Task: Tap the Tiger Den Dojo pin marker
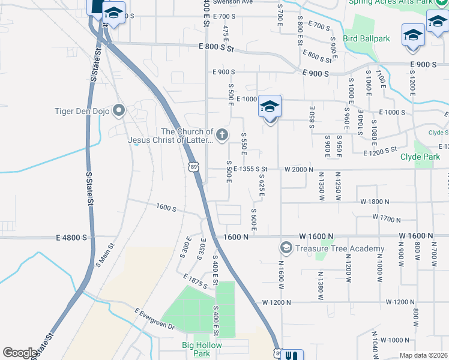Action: point(119,110)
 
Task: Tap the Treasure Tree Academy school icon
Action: point(286,248)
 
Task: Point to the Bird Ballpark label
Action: point(366,38)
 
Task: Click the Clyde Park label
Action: point(420,157)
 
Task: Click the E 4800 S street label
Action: point(71,238)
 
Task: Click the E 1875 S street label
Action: point(197,281)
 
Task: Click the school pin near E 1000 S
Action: point(270,107)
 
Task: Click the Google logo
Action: point(19,353)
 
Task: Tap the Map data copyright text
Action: point(423,355)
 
